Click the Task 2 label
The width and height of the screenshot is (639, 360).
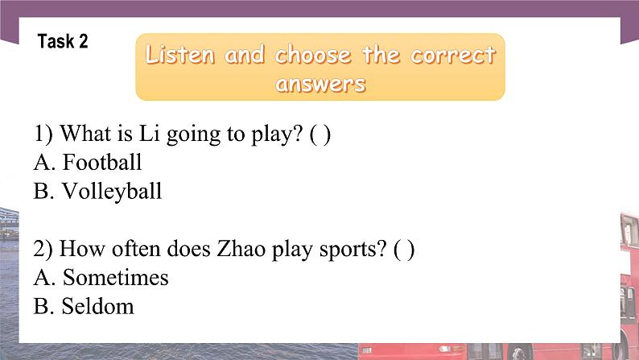click(63, 43)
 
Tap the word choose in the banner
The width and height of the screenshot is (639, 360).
click(312, 56)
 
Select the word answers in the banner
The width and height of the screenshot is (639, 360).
click(320, 83)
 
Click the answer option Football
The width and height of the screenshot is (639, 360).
click(102, 163)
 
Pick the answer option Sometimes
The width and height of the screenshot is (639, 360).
click(115, 279)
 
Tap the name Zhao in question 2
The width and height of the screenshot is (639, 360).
click(233, 250)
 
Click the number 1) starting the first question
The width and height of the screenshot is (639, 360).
click(43, 134)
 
